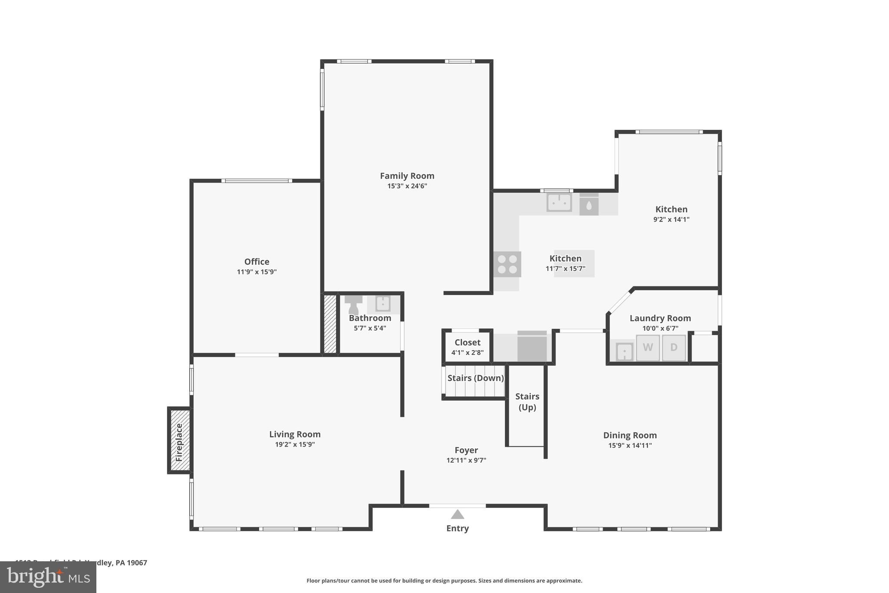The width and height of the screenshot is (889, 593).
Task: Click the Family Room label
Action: pos(407,176)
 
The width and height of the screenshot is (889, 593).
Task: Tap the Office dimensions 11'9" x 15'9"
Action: pos(257,272)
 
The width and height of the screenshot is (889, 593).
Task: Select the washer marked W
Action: pos(648,348)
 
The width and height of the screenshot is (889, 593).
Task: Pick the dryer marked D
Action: pos(674,348)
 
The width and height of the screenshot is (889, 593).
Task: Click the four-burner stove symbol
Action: pos(507,264)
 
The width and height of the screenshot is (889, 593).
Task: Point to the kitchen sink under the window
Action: pos(559,202)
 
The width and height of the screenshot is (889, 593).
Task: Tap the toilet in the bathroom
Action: pos(353,305)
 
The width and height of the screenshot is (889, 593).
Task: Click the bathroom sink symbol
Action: pos(382,304)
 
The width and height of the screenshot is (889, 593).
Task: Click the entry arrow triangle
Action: pos(458,515)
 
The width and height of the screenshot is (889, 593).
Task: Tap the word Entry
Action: pos(458,528)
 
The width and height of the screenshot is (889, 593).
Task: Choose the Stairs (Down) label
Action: pos(475,378)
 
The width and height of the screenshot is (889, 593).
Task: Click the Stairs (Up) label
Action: pos(527,401)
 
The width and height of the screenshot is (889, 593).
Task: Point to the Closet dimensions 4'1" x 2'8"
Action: pos(468,353)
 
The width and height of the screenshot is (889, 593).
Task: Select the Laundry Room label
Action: pos(660,318)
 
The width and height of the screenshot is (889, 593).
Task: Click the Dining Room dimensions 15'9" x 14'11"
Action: pos(630,445)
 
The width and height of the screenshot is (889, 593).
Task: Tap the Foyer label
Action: pos(466,451)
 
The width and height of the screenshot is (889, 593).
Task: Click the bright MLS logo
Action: pos(48,577)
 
